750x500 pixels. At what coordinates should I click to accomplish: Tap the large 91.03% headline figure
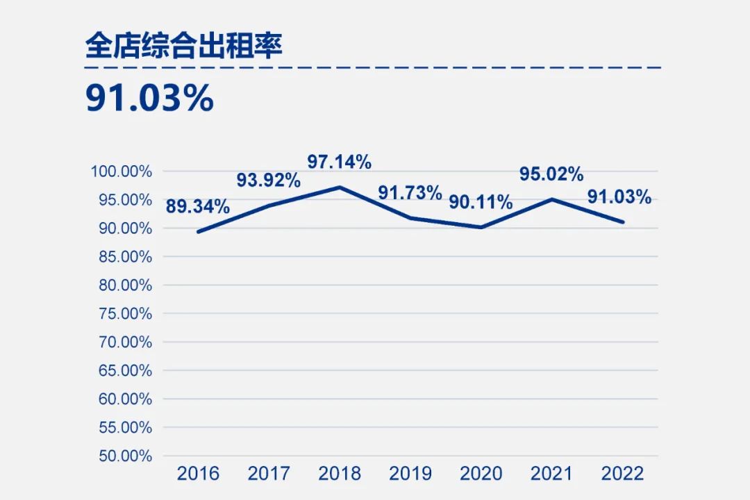149,99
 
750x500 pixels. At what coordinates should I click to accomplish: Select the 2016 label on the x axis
198,474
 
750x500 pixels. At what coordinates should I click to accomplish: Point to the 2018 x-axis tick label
340,474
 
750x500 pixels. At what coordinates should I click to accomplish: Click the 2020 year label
481,474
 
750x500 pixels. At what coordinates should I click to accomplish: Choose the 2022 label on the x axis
623,474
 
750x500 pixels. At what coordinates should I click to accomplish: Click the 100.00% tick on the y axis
122,172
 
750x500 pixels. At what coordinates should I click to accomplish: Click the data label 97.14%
340,162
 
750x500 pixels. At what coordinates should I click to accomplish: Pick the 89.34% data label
198,206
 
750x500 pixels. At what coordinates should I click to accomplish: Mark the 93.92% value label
269,180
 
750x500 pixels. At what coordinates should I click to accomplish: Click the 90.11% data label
481,202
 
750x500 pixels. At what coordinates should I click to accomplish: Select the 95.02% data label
551,174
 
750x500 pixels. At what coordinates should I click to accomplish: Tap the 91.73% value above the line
410,192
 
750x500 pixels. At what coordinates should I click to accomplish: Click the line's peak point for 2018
340,187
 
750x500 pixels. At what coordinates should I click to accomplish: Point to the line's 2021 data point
552,199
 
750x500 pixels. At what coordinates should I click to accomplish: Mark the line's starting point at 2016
199,231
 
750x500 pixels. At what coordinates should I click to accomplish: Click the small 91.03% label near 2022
619,197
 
